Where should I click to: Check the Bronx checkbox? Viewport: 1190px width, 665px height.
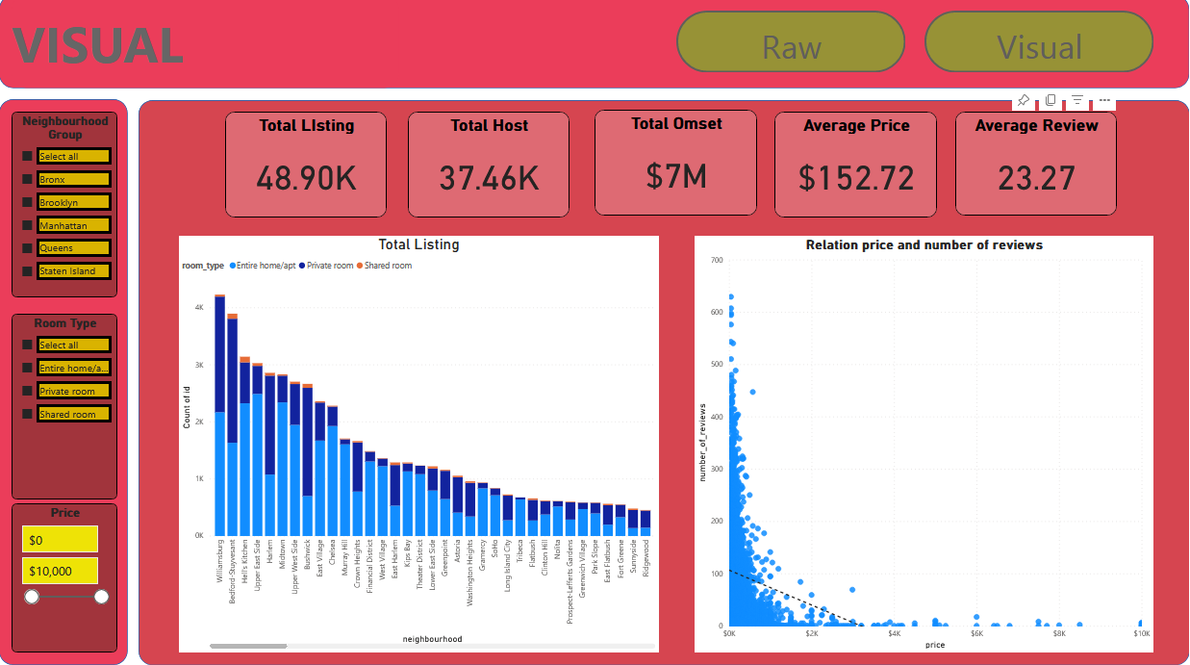click(28, 179)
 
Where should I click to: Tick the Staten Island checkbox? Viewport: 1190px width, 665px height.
click(28, 271)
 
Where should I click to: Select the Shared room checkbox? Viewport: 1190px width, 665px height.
click(28, 414)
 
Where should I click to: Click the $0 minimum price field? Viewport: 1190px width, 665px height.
click(60, 540)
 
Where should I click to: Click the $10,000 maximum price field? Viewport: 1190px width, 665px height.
click(60, 571)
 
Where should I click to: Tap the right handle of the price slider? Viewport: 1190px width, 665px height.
click(101, 597)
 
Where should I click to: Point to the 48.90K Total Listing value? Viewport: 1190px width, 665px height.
click(306, 177)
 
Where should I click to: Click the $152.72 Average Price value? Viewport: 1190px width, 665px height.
click(855, 177)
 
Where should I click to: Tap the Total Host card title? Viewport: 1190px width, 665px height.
click(489, 125)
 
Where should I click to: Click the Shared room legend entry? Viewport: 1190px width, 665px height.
click(385, 266)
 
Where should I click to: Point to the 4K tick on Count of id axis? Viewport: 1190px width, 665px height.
click(198, 308)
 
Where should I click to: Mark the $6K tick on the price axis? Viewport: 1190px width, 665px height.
click(976, 633)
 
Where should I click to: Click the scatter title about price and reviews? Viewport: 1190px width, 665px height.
click(924, 245)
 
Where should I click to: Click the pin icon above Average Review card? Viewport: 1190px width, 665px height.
click(1024, 100)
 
